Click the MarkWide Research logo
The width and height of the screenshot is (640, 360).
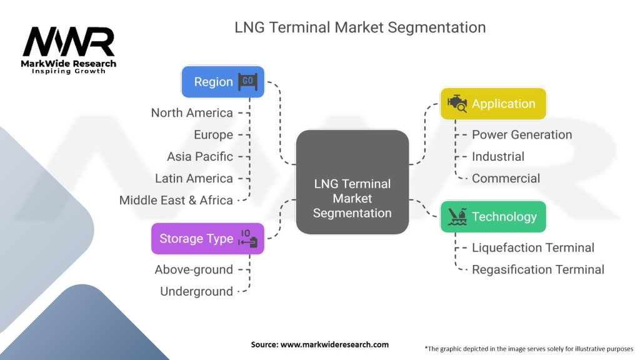point(69,49)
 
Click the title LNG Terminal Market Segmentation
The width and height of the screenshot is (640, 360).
point(359,27)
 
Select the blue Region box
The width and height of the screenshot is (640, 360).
point(222,82)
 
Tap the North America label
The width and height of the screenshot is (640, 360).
point(192,113)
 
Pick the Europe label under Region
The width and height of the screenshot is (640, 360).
point(213,135)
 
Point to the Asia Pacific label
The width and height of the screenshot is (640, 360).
point(199,157)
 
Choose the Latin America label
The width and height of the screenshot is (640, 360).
point(194,179)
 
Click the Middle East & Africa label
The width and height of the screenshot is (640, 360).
point(176,201)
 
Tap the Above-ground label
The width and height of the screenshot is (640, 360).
point(194,270)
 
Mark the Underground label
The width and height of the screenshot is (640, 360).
point(196,292)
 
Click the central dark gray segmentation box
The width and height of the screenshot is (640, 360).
point(352,182)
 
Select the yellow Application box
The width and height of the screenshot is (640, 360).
point(493,104)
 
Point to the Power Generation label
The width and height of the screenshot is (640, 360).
point(522,135)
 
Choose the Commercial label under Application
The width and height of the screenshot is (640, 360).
point(506,179)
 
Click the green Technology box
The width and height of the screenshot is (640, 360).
point(493,217)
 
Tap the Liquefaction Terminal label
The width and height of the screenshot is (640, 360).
point(533,248)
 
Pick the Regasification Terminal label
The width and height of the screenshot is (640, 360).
point(538,270)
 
